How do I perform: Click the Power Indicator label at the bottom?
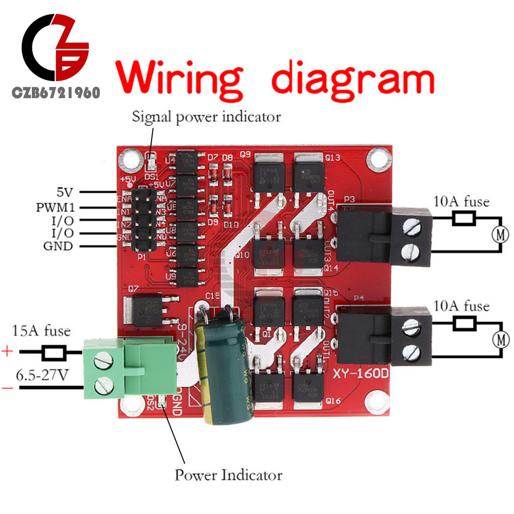pyautogui.click(x=228, y=474)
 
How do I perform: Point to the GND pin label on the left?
pyautogui.click(x=58, y=246)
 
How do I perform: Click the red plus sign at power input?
pyautogui.click(x=7, y=352)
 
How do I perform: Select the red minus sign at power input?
pyautogui.click(x=7, y=388)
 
